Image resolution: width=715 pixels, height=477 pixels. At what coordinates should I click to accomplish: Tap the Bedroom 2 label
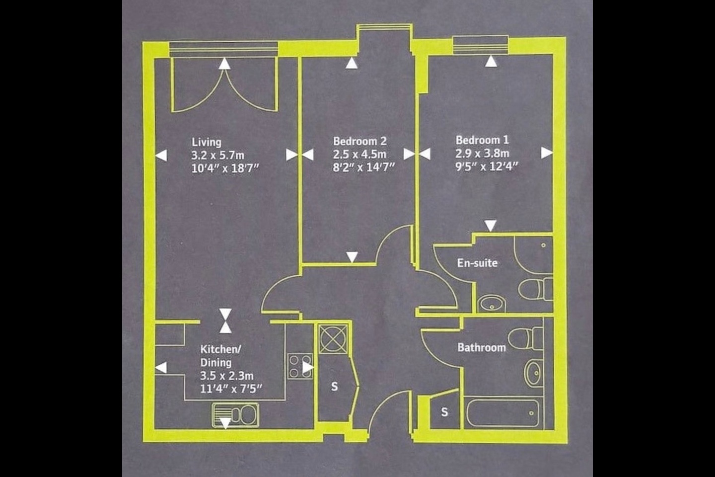tap(359, 142)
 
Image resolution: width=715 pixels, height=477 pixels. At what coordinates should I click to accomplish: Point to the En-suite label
tap(477, 263)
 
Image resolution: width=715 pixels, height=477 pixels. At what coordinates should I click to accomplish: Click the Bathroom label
tap(482, 347)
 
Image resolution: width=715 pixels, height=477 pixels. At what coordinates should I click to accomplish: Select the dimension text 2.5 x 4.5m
tap(359, 155)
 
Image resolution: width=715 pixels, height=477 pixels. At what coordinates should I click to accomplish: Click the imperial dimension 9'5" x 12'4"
tap(487, 166)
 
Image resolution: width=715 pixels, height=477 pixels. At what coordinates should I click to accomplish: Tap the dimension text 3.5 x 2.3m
tap(227, 375)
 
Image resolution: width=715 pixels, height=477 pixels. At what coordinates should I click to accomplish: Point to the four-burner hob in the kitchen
tap(300, 366)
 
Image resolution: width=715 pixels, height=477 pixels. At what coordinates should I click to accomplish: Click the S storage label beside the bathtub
tap(444, 412)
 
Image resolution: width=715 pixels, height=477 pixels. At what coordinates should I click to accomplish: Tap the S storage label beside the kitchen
tap(334, 386)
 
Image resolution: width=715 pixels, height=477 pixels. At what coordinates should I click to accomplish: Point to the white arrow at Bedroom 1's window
tap(491, 62)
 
